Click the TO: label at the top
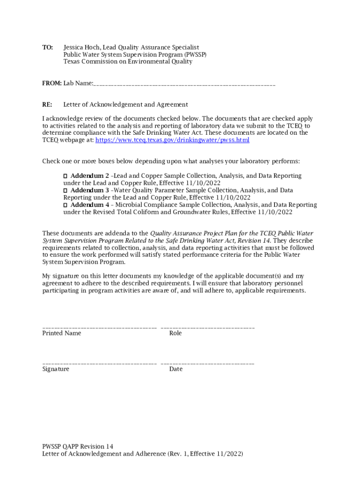coord(48,47)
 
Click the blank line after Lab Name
coord(184,84)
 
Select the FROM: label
coord(52,83)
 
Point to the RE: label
coord(47,104)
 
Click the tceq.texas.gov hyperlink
coord(172,140)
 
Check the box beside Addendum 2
coord(65,176)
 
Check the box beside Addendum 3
coord(65,190)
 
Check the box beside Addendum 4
coord(65,205)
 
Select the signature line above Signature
coord(99,364)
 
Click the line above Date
coord(208,364)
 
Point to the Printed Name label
coord(62,333)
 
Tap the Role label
coord(175,333)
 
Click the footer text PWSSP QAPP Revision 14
coord(78,446)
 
